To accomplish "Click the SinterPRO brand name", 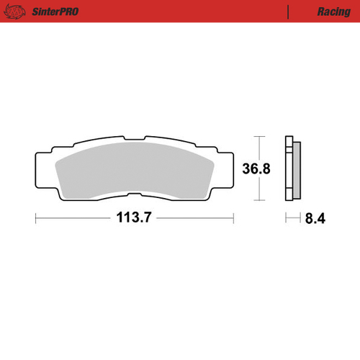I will [55, 12].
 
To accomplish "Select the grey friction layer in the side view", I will [294, 168].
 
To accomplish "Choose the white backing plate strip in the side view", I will [289, 168].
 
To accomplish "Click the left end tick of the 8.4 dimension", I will [286, 218].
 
